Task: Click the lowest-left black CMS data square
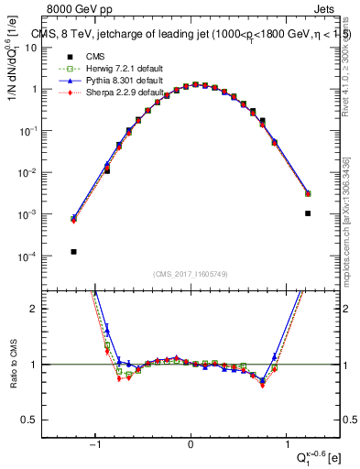point(73,251)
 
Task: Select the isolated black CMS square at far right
point(308,213)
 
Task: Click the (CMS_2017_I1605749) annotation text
point(191,274)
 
